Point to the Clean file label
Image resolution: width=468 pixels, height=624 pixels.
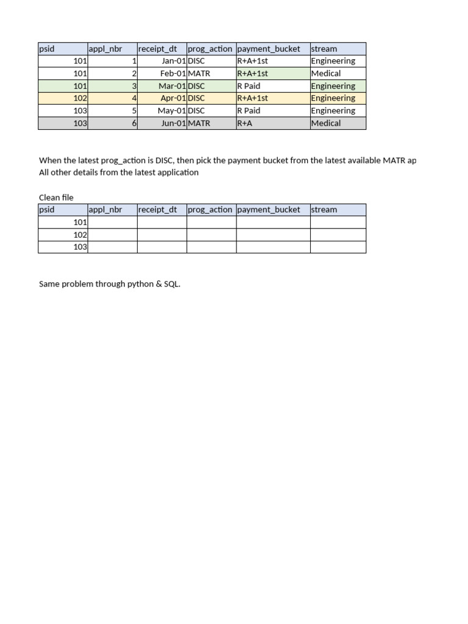56,197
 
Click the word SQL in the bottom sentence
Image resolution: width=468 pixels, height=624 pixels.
171,284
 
